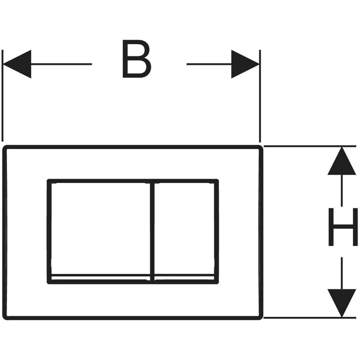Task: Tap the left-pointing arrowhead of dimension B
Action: click(17, 64)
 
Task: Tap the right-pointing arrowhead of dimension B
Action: click(245, 64)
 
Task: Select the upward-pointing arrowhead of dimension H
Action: click(342, 161)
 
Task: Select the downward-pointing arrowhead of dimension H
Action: click(342, 303)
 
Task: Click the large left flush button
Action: click(100, 228)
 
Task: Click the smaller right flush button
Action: click(184, 228)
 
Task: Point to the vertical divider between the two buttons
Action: click(152, 231)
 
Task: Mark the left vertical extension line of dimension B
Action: click(2, 96)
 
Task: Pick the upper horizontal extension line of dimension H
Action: click(310, 146)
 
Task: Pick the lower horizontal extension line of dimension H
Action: click(310, 318)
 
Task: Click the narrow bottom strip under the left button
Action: click(100, 278)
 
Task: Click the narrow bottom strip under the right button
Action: click(184, 278)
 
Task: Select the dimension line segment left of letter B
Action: click(61, 64)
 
